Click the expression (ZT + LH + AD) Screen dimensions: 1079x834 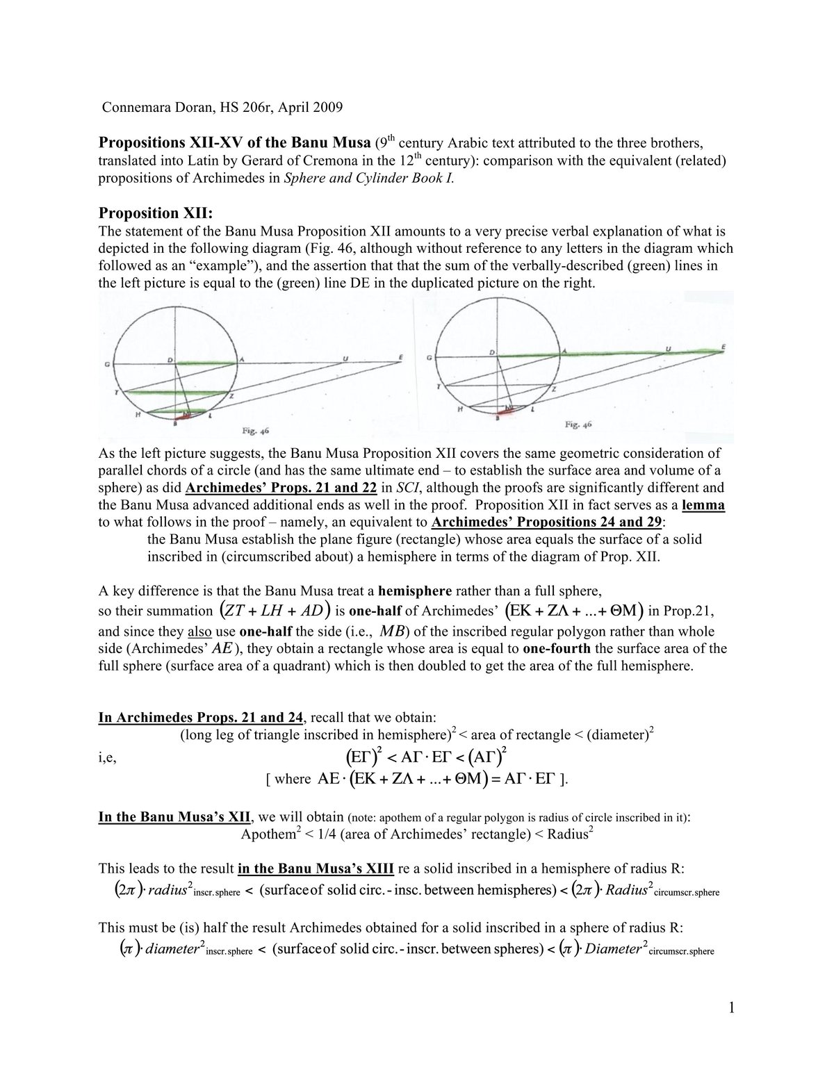tap(275, 611)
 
